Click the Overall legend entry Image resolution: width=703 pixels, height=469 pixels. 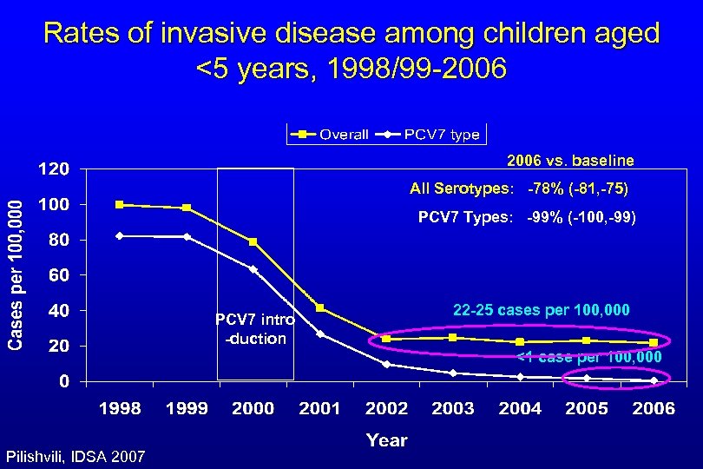(332, 135)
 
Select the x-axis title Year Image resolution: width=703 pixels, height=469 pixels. (387, 440)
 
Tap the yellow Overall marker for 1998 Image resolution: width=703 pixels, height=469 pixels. (120, 205)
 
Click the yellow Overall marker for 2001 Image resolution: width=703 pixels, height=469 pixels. (320, 308)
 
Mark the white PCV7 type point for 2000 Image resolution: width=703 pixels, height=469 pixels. (253, 269)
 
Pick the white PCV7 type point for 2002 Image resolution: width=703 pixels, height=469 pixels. (386, 365)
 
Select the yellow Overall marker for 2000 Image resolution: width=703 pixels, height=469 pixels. (253, 242)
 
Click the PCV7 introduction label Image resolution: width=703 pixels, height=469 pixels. (255, 329)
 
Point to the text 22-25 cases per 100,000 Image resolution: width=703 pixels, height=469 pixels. (542, 310)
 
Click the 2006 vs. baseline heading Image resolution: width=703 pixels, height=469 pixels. (569, 161)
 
